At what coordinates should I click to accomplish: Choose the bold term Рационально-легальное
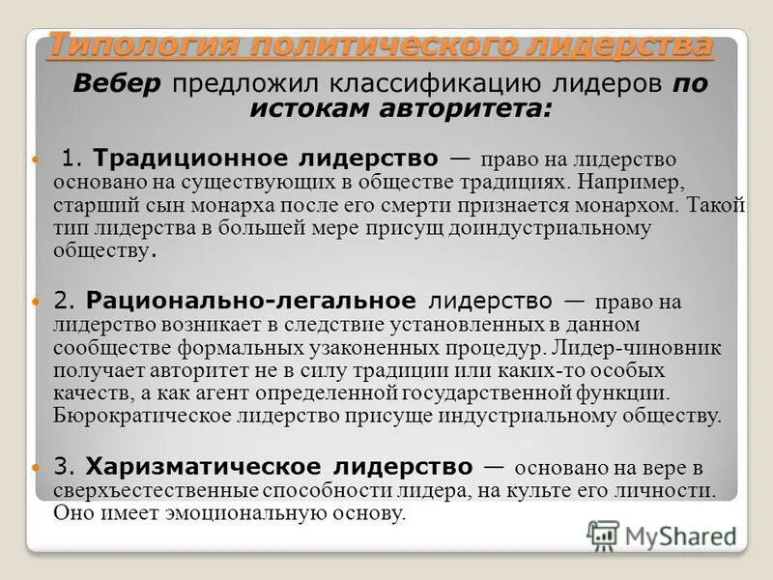(x=251, y=301)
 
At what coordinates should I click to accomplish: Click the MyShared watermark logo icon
(x=603, y=535)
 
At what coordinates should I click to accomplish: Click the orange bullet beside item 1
(x=39, y=159)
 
